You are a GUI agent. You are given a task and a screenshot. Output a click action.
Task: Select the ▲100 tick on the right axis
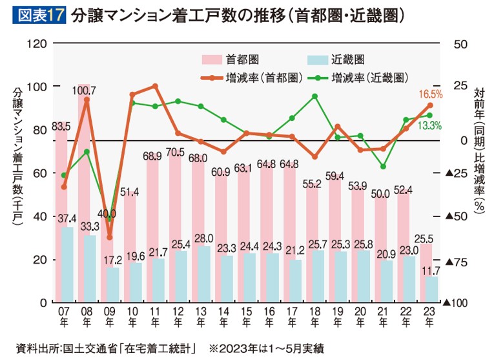pos(455,302)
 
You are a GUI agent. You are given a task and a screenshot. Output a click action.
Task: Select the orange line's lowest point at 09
pos(108,237)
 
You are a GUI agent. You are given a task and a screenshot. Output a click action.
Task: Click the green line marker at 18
pos(314,96)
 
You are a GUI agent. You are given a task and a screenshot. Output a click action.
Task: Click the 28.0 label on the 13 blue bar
pos(200,238)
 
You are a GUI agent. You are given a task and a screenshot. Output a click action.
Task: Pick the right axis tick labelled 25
pos(459,86)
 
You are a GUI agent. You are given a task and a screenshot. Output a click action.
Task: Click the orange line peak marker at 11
pos(155,86)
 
